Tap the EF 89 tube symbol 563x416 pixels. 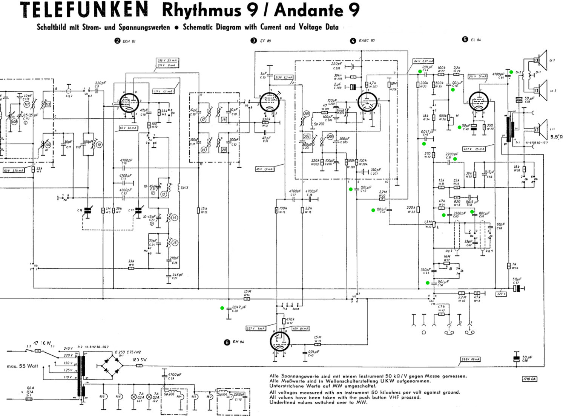click(x=269, y=102)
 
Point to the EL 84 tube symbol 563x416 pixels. click(x=479, y=101)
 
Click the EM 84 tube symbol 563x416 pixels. click(x=280, y=342)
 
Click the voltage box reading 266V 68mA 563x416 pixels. click(x=471, y=359)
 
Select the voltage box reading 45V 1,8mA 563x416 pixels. click(x=264, y=169)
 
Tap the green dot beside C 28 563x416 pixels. click(x=222, y=308)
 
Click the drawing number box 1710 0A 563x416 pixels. click(x=529, y=379)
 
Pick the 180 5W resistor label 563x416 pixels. click(x=140, y=360)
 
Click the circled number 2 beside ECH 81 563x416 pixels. click(x=118, y=41)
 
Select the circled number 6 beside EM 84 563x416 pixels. click(x=227, y=342)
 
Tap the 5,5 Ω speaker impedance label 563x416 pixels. click(x=556, y=137)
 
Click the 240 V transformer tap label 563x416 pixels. click(x=68, y=349)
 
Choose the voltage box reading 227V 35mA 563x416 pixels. click(x=474, y=149)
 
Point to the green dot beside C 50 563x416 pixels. click(x=428, y=283)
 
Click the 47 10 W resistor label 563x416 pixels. click(x=41, y=343)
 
